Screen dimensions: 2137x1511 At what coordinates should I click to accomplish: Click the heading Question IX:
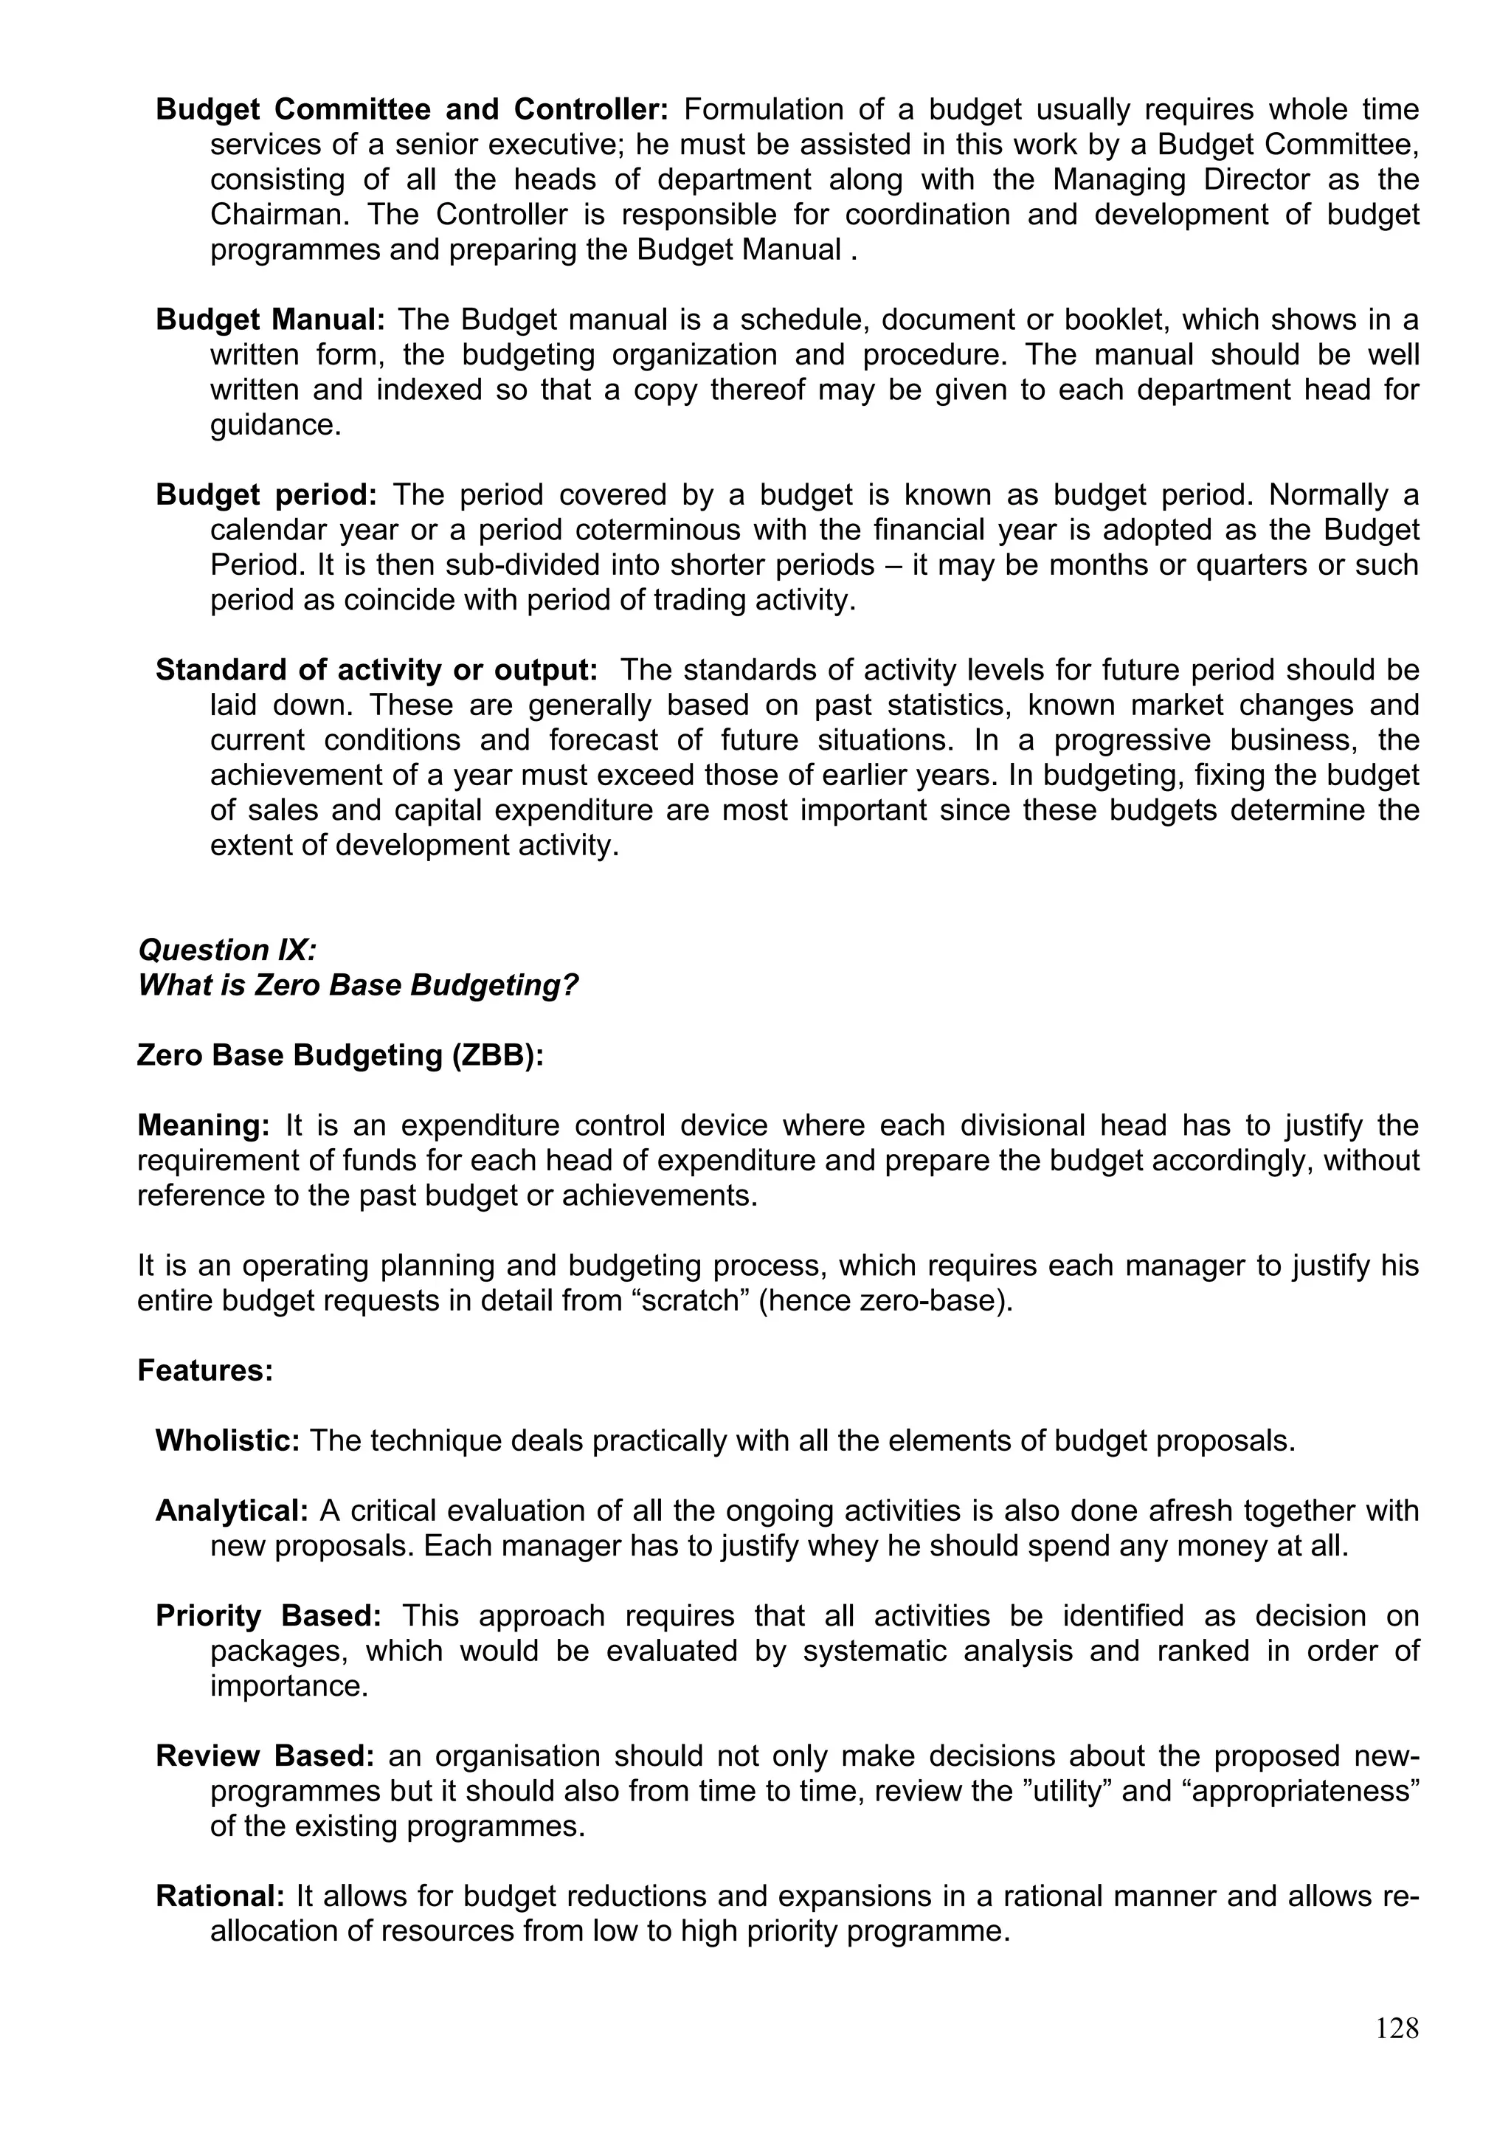(227, 950)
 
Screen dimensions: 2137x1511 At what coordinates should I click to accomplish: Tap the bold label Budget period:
(266, 494)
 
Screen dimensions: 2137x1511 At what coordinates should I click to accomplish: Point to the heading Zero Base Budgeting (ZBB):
(339, 1054)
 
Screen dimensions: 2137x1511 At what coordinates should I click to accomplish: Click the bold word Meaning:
(203, 1125)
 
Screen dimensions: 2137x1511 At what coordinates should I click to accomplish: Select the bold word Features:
(204, 1370)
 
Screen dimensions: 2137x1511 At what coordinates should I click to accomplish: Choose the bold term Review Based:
(264, 1755)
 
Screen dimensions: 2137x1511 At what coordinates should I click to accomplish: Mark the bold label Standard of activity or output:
(376, 669)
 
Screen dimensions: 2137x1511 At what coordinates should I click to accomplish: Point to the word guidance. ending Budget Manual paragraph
(275, 424)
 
